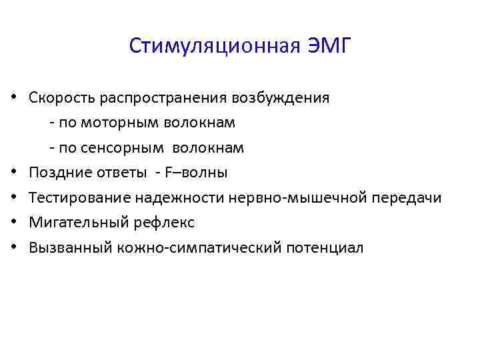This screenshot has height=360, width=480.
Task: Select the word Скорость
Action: [x=62, y=98]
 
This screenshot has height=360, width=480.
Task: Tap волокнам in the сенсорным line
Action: [x=215, y=147]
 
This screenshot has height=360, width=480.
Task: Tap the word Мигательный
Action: [x=74, y=223]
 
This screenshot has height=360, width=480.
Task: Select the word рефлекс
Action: [x=159, y=223]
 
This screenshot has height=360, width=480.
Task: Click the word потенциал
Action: [x=325, y=248]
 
